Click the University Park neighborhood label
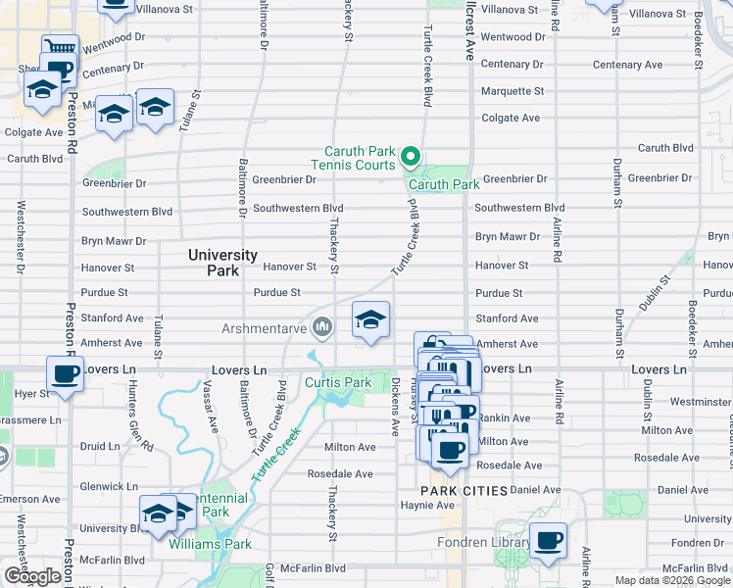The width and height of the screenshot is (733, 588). (222, 262)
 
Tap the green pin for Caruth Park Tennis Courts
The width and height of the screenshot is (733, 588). (411, 157)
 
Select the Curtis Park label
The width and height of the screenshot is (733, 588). (338, 382)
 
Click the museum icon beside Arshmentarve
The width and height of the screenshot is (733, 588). (320, 326)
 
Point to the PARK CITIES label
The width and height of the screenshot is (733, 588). (464, 490)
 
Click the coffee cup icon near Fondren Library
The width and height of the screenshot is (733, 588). (548, 539)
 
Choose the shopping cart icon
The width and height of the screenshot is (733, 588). (60, 48)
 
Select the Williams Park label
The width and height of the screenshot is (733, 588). (210, 544)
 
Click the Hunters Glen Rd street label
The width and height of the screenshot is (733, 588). (137, 416)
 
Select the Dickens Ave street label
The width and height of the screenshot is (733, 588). (396, 407)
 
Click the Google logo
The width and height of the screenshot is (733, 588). (32, 576)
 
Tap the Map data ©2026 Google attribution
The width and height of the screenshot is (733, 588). (672, 580)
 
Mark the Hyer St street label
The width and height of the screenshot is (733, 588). (31, 393)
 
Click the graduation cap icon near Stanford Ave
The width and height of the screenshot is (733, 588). (370, 319)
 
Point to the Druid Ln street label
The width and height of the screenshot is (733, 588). (99, 446)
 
